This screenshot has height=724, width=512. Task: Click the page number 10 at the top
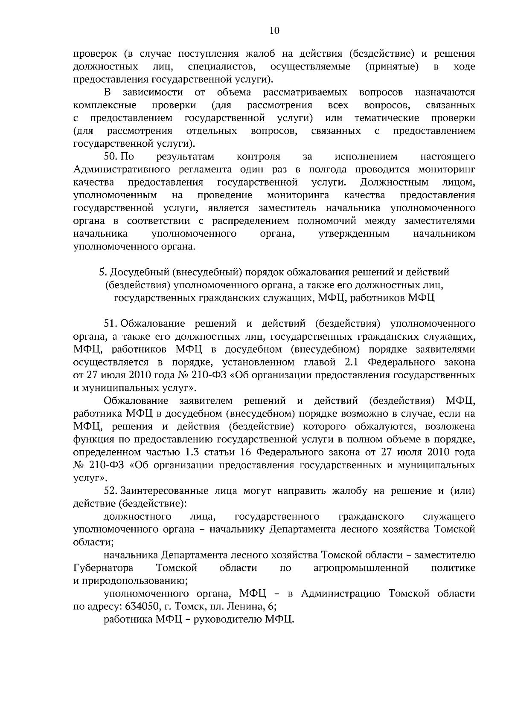[x=274, y=30]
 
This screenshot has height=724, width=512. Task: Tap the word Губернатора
[x=103, y=568]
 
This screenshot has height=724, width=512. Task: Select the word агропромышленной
[x=361, y=568]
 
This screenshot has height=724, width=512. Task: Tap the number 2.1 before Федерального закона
[x=353, y=362]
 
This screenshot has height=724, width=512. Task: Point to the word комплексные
[x=105, y=105]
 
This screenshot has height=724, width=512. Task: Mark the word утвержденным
[x=354, y=234]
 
